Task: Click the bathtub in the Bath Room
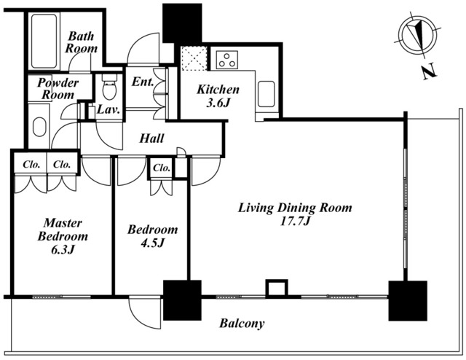point(44,41)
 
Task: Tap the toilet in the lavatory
point(109,86)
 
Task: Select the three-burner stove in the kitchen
point(226,60)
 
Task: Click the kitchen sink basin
point(266,94)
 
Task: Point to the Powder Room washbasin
point(39,127)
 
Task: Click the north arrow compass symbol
point(419,35)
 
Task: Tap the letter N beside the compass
point(429,72)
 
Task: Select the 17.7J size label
point(295,222)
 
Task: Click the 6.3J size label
point(63,250)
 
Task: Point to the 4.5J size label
point(152,243)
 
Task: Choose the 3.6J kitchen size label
point(218,103)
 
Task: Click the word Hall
point(151,138)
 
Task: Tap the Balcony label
point(242,324)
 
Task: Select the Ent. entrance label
point(143,82)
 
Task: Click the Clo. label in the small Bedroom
point(162,168)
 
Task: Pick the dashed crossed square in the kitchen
point(194,58)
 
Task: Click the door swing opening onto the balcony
point(145,313)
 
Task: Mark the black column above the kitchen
point(182,23)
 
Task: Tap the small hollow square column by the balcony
point(277,289)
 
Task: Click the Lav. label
point(108,110)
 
